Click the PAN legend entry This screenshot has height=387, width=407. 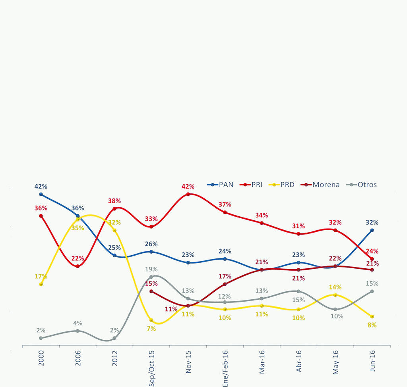click(221, 185)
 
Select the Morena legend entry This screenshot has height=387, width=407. click(320, 185)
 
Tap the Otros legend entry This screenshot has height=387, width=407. click(362, 185)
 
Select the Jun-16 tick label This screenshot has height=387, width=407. click(372, 361)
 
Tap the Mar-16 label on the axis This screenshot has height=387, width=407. click(262, 362)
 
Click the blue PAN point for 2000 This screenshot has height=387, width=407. click(41, 194)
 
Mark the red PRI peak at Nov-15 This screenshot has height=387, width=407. click(188, 194)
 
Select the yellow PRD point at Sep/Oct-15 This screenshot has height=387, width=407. click(151, 320)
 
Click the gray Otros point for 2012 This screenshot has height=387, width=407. click(114, 338)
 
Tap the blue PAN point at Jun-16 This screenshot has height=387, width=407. click(372, 230)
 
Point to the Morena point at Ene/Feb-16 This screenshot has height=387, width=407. click(225, 284)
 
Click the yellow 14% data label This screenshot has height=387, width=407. click(335, 287)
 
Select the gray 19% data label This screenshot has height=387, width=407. click(151, 269)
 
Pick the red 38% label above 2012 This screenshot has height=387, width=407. click(114, 201)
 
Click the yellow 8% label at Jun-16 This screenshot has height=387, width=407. click(372, 325)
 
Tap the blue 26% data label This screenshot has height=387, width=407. click(151, 244)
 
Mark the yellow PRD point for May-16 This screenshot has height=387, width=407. click(335, 295)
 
